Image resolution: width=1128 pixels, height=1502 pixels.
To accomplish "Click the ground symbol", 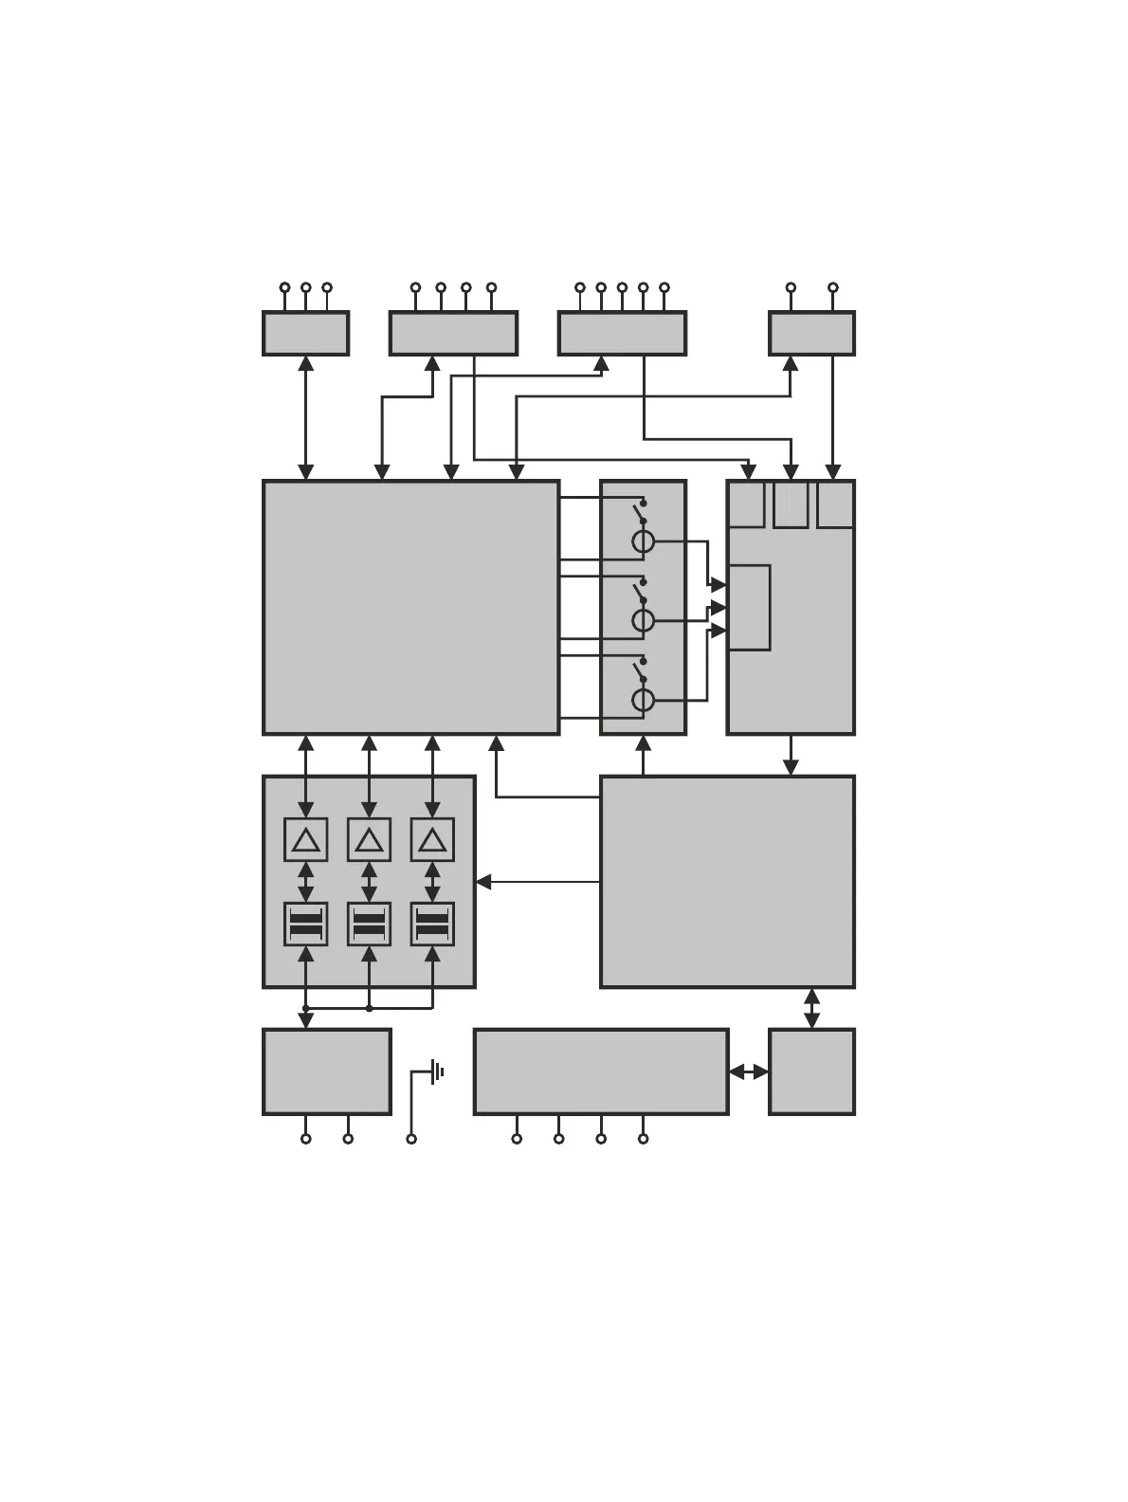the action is [437, 1072].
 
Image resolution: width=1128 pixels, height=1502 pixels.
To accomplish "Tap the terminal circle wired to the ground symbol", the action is [411, 1138].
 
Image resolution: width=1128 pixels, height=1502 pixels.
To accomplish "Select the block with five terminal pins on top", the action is [622, 333].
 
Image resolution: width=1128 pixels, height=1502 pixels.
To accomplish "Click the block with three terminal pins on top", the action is [305, 333].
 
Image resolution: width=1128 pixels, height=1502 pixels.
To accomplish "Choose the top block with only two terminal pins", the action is [811, 333].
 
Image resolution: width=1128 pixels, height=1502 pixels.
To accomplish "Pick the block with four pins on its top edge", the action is [453, 333].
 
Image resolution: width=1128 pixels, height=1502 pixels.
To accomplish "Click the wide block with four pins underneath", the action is [601, 1072].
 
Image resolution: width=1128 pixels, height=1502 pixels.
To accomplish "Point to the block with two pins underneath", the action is [327, 1072].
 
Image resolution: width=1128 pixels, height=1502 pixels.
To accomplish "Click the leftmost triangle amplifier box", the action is [305, 839].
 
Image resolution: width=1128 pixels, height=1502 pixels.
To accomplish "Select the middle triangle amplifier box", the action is [369, 839].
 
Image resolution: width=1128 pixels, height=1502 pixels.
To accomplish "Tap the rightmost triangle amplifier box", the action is [432, 839].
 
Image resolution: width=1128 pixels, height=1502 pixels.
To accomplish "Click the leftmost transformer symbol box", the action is [305, 924].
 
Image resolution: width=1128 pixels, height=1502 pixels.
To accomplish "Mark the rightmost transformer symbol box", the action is [432, 924].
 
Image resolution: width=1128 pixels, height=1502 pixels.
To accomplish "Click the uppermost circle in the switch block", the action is [643, 542].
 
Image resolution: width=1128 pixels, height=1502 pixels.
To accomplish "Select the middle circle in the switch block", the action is [643, 621].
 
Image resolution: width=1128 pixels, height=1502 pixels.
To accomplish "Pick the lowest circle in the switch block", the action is [643, 700].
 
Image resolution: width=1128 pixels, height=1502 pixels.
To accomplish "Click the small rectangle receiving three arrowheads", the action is [749, 608].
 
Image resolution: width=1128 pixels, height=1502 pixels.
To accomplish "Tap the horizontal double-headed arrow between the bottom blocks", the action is [749, 1072].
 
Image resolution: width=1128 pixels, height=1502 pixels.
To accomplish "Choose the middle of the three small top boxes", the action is [791, 504].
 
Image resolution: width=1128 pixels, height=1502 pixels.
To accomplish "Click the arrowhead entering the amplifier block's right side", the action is [483, 882].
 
